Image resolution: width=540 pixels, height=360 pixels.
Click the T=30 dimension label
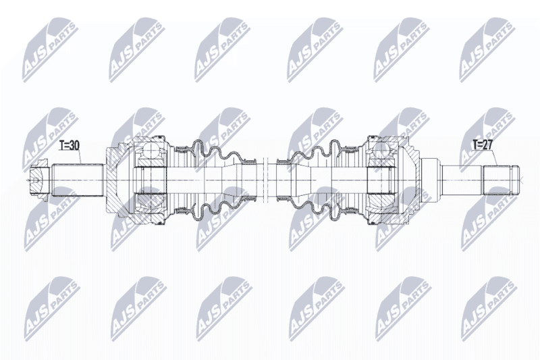[x=70, y=146]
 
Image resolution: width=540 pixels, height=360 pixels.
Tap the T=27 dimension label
[x=483, y=145]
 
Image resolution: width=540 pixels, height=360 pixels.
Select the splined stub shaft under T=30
[x=78, y=180]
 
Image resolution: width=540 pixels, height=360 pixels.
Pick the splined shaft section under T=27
[x=497, y=180]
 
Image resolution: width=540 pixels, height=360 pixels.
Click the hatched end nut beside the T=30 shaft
[x=38, y=180]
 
